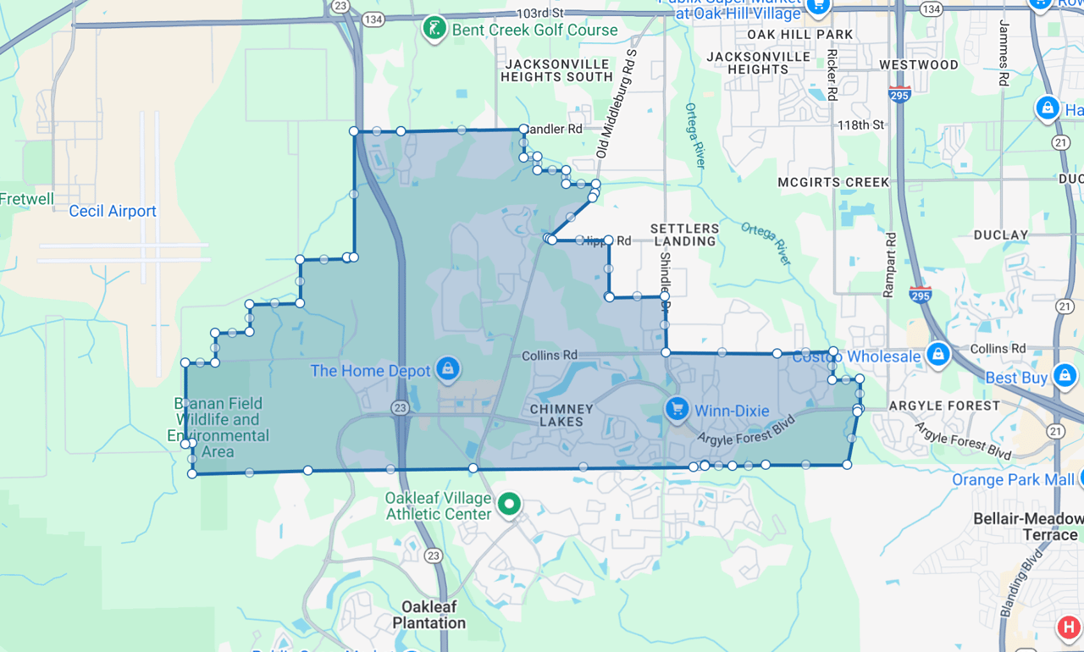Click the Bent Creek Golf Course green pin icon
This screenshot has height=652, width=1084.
pos(434,29)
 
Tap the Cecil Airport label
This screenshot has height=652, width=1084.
pos(113,211)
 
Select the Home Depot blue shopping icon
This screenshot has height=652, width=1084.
pos(447,368)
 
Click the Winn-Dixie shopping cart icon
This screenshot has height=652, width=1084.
pos(676,410)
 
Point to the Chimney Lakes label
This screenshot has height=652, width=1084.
pos(561,415)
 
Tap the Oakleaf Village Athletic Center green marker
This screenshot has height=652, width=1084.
pos(509,505)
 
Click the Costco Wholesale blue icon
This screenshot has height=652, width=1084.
pos(937,355)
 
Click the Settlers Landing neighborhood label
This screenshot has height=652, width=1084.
pos(685,235)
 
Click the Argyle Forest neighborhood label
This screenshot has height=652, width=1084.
pos(944,406)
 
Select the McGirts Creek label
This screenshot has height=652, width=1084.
pos(833,182)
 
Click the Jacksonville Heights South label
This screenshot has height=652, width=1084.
pos(556,70)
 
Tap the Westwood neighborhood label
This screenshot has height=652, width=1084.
pos(919,64)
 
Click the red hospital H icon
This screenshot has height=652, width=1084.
pos(1069,627)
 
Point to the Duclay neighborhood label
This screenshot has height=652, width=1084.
pos(1001,235)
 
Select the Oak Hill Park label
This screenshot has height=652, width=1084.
pos(800,35)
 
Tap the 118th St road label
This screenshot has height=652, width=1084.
pos(860,124)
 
